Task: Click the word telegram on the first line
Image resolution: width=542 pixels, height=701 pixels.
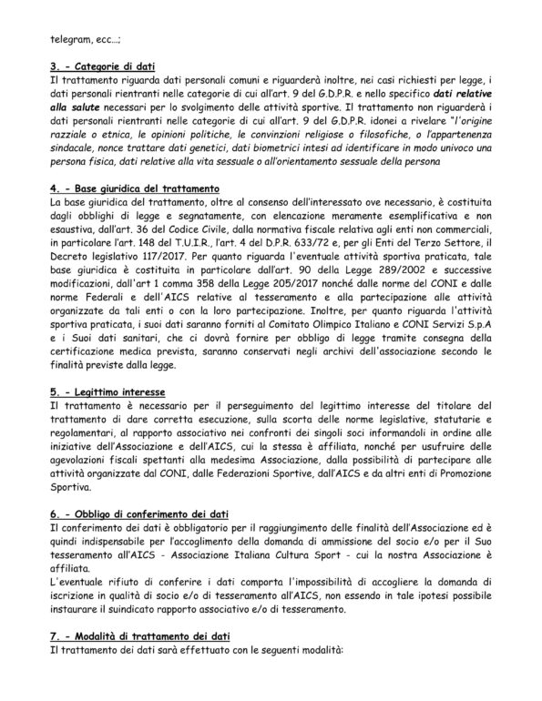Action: (68, 39)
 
